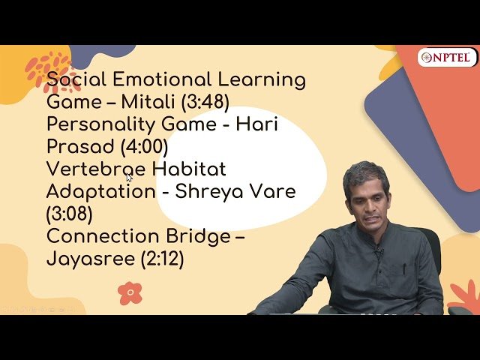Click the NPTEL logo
click(447, 58)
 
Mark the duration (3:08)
click(69, 214)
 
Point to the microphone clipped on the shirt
click(377, 250)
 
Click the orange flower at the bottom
click(130, 292)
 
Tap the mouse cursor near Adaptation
click(129, 178)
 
